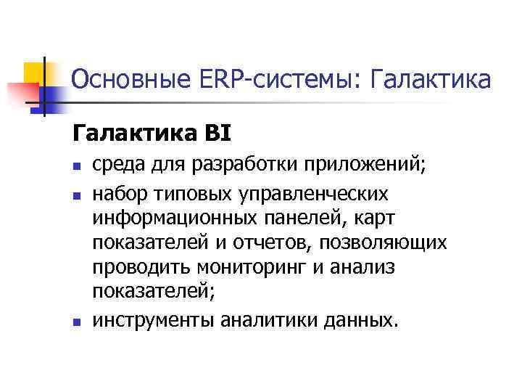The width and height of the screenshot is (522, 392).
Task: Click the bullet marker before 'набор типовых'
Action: pos(76,195)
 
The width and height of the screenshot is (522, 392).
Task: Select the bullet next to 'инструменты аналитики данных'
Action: pos(76,322)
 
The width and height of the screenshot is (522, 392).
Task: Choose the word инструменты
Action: pos(152,320)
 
